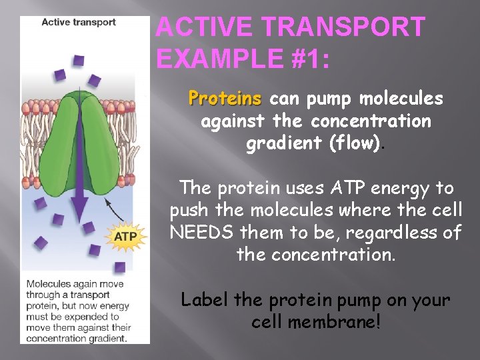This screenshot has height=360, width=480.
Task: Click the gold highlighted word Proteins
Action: tap(225, 99)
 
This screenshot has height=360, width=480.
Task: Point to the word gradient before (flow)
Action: tap(279, 144)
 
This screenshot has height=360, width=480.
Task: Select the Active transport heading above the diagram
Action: tap(78, 22)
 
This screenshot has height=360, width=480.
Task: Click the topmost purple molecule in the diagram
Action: tap(79, 61)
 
